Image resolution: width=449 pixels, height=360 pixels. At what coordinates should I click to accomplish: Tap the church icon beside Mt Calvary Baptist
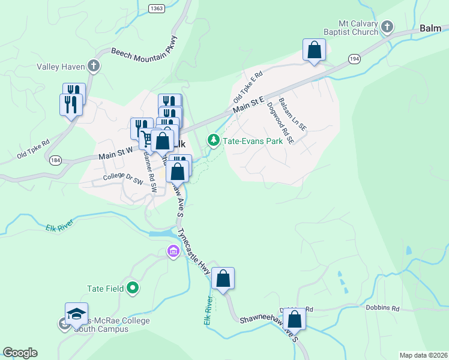coord(388,26)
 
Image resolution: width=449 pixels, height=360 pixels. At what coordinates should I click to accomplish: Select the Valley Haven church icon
coord(93,65)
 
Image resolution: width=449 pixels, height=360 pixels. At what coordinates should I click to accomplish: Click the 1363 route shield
coord(157,8)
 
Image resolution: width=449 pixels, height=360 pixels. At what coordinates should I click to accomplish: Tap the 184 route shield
coord(56,160)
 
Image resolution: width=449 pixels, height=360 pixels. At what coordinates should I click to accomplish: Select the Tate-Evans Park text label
coord(253,141)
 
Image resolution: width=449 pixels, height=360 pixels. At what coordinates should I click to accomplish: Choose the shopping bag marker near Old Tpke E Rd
coord(314,50)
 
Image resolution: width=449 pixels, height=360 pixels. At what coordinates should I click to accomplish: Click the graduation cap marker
coord(76,313)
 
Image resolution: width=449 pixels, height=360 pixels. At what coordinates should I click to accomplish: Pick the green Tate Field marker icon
coord(133,289)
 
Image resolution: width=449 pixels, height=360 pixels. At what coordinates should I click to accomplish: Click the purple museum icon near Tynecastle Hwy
coord(173,251)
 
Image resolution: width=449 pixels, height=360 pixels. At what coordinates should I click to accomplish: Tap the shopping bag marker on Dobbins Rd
coord(295,318)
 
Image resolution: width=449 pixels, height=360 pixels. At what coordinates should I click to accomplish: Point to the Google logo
coord(20,352)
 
